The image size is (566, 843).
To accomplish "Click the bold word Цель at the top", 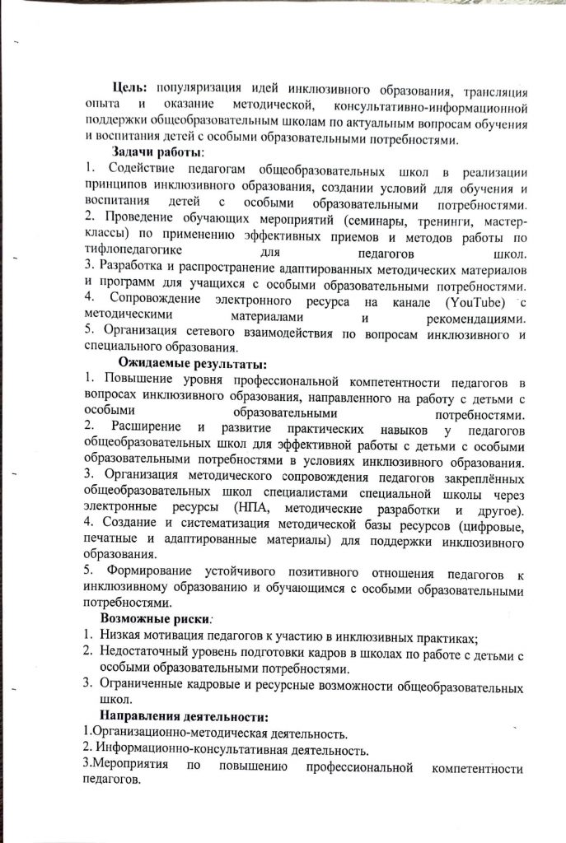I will pos(129,88).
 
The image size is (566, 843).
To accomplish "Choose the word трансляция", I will pos(486,88).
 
